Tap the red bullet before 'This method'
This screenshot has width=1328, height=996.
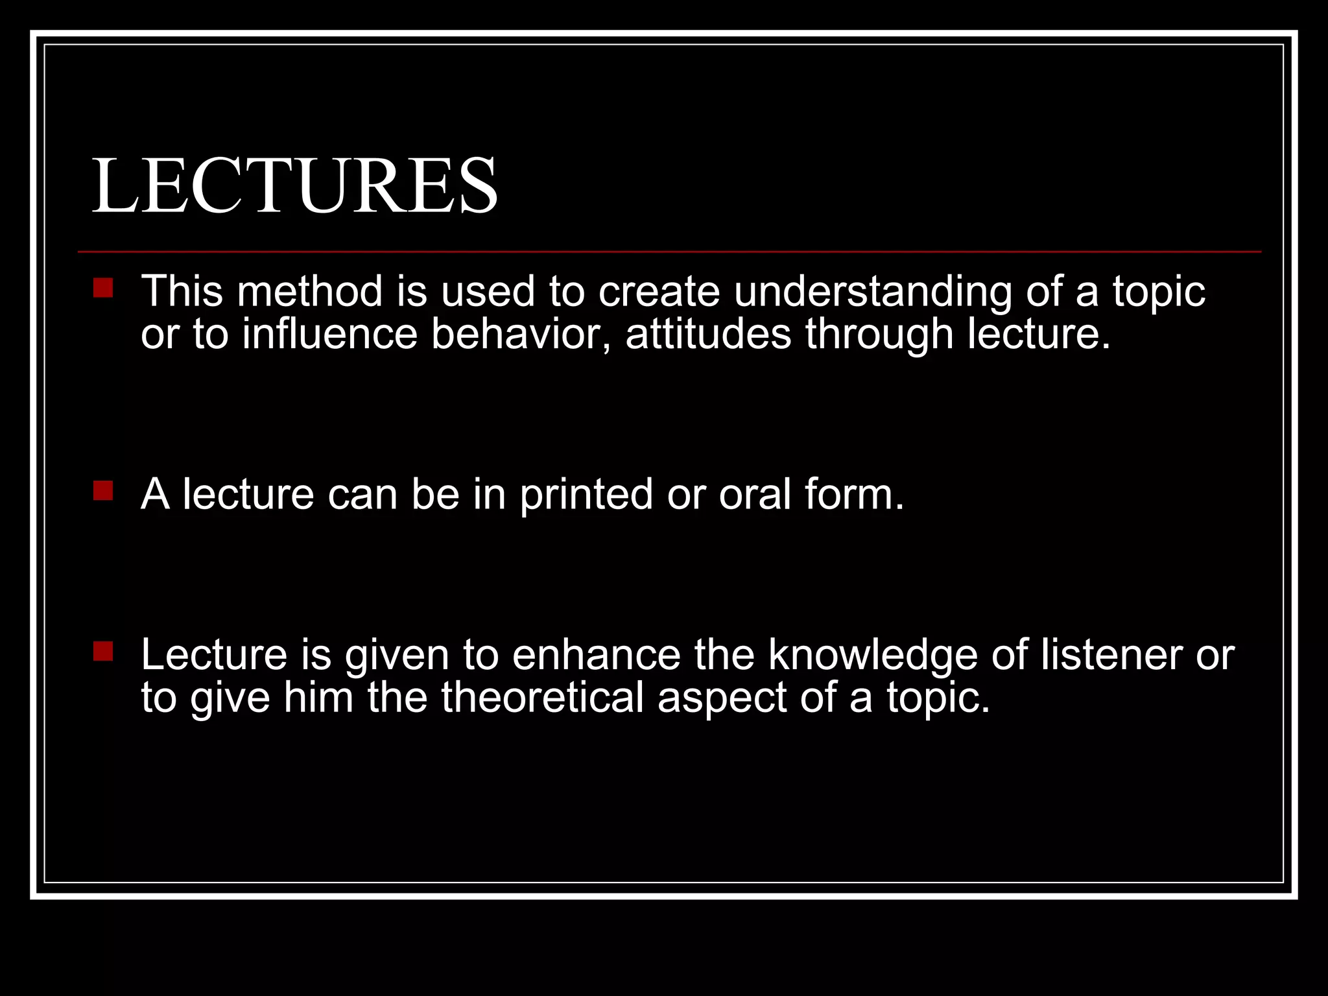click(103, 288)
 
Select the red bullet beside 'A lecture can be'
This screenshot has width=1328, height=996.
click(103, 491)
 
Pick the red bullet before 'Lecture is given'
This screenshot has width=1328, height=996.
click(103, 652)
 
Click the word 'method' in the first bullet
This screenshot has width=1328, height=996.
click(310, 291)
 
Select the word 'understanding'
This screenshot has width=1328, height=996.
click(872, 292)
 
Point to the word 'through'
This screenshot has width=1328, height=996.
click(879, 335)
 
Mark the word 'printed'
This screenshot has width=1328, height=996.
click(586, 495)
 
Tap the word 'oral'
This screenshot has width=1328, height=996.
click(755, 494)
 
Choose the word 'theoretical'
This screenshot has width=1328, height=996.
click(542, 698)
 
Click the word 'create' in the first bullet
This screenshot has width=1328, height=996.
click(659, 291)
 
